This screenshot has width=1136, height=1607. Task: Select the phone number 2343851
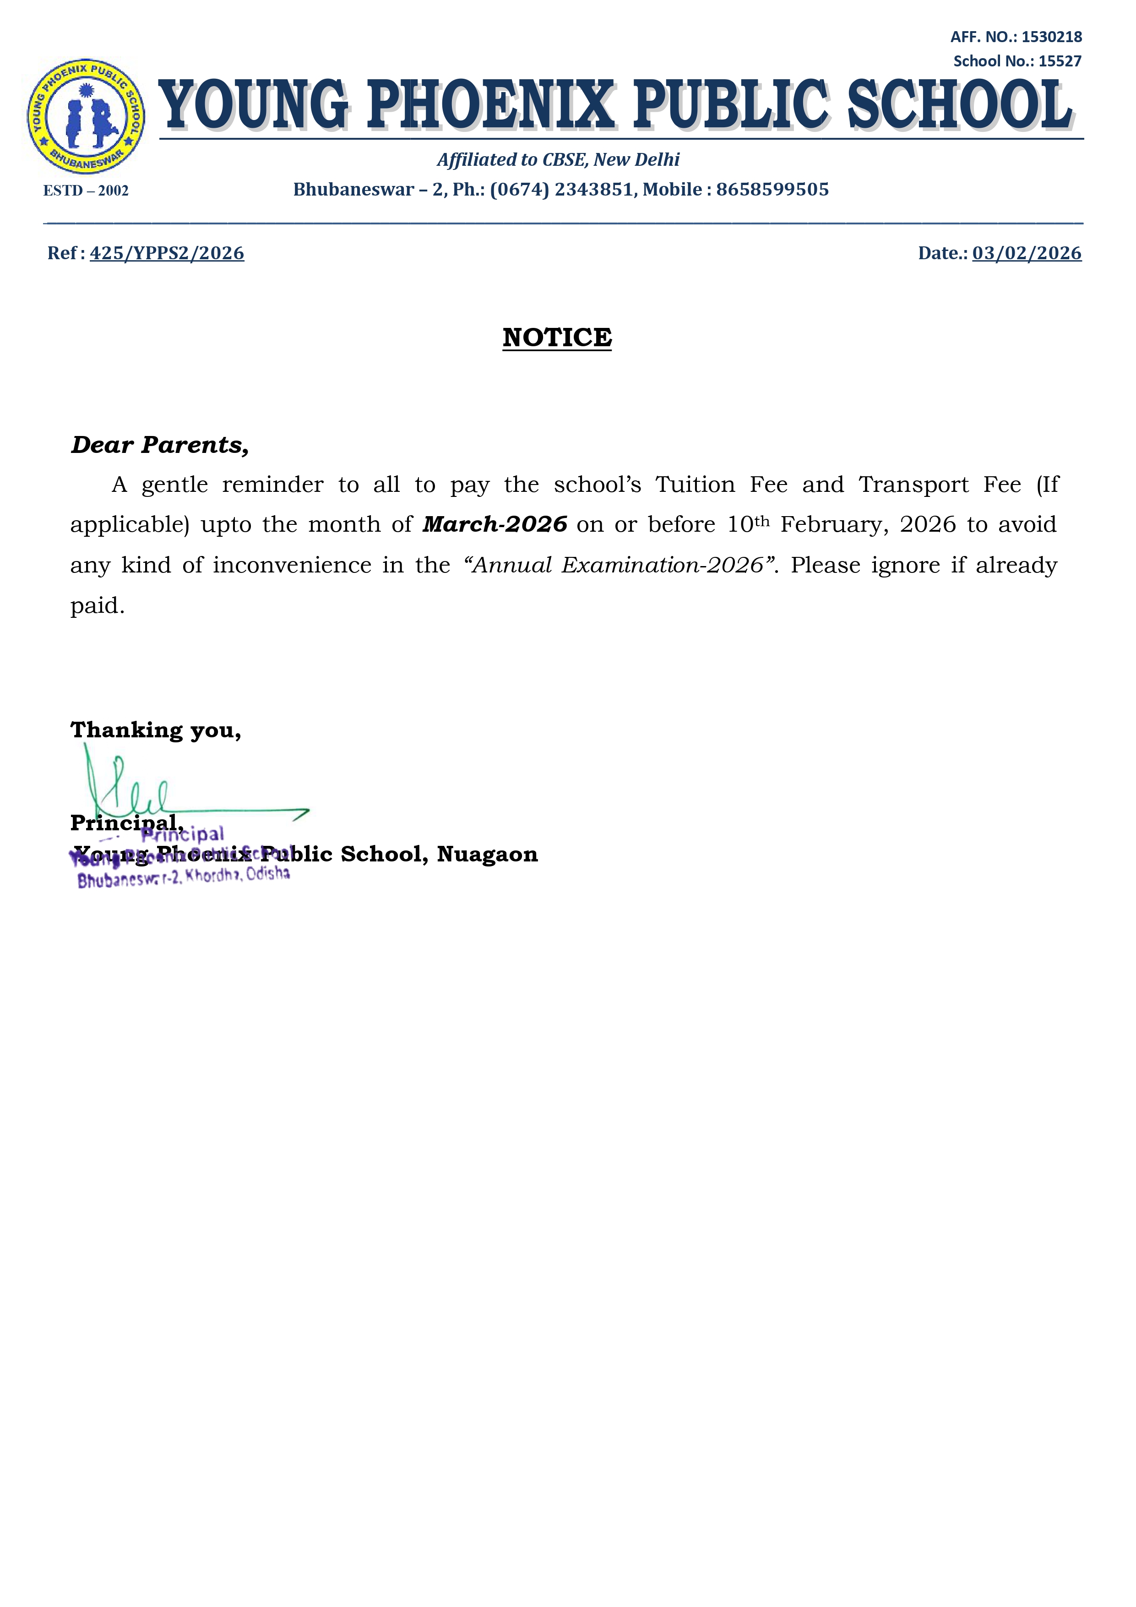[593, 190]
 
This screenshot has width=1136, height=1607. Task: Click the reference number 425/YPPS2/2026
[167, 253]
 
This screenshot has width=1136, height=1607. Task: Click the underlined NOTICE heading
[557, 338]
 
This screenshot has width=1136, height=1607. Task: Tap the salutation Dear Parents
[160, 445]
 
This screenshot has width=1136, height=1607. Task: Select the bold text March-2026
[495, 525]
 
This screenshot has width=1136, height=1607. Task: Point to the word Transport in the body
[913, 485]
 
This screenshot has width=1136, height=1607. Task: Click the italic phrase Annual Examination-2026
[618, 566]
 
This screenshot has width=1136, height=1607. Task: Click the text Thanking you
[155, 730]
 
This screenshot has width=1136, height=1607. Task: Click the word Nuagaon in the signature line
[487, 855]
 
